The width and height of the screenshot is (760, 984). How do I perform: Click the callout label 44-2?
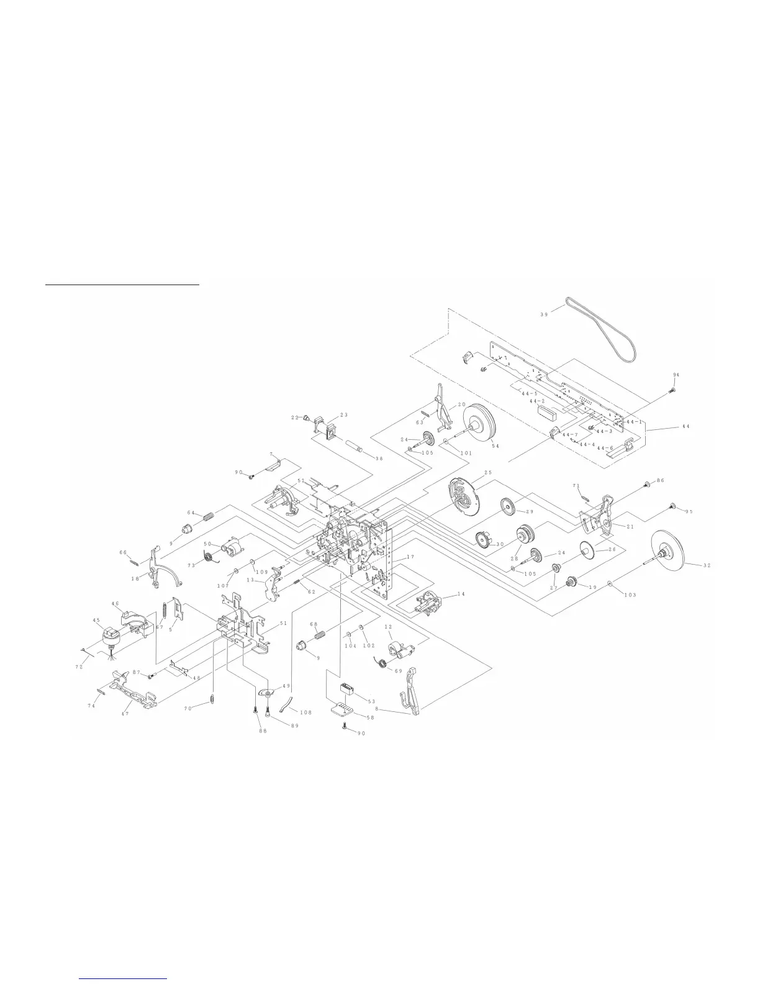pos(537,402)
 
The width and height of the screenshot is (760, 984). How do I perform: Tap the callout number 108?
pos(305,713)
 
